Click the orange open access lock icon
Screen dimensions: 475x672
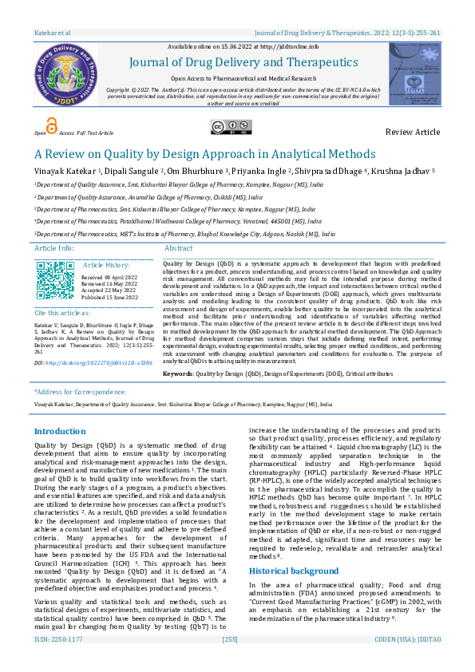pos(51,125)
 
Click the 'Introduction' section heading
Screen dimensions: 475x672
pos(60,431)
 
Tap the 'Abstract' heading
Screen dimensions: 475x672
pos(178,248)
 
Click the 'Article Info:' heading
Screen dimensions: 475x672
pos(54,248)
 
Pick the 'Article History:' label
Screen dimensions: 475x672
pos(106,264)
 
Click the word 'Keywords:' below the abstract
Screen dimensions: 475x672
pos(178,374)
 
